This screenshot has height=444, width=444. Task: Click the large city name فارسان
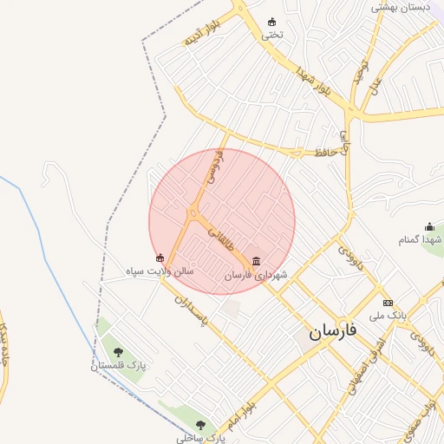330,331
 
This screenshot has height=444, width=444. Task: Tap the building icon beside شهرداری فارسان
256,261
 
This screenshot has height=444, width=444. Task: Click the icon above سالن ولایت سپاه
160,258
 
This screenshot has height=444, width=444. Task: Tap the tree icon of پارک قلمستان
118,352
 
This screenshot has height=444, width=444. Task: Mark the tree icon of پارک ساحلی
201,425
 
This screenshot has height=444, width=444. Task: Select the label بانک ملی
388,316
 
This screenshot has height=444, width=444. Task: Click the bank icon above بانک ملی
388,303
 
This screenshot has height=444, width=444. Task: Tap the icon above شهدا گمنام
429,226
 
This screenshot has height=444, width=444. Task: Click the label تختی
273,36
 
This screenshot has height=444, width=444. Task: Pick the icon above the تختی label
273,23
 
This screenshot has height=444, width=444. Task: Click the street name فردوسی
213,168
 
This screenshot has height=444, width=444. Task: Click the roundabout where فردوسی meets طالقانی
193,212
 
